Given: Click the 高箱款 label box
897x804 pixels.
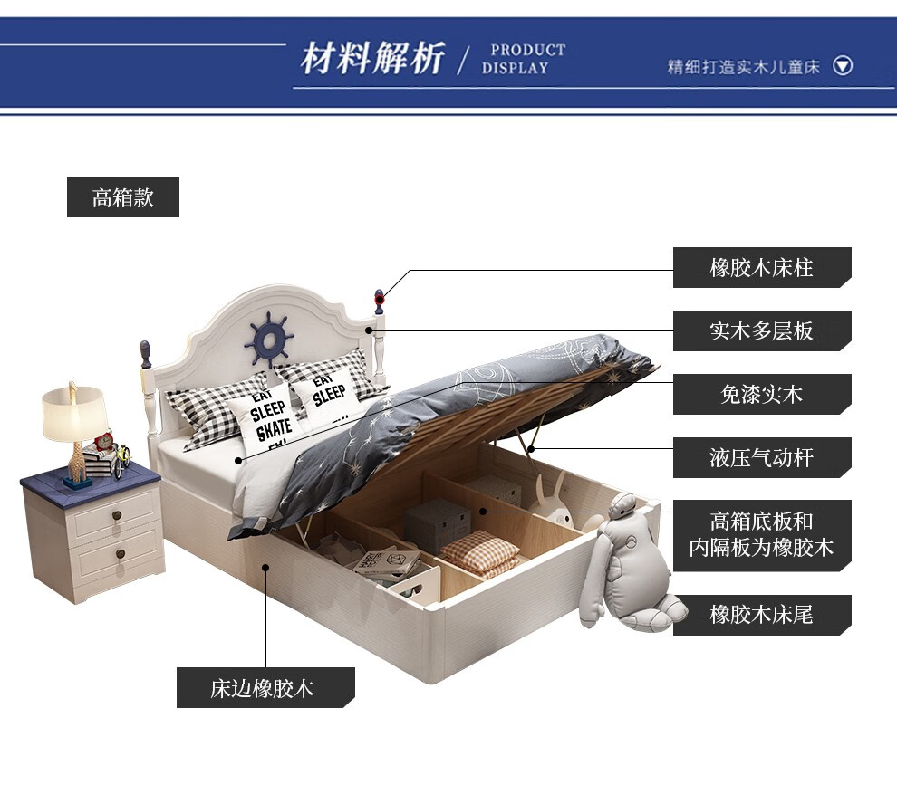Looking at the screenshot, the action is click(x=123, y=197).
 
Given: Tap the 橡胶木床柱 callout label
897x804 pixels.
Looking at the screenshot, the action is click(x=761, y=268).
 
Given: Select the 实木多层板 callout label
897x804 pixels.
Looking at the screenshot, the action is click(x=761, y=331).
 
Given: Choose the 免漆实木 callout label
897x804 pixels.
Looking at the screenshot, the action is click(x=761, y=395).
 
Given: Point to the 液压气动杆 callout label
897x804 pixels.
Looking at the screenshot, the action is click(x=761, y=458).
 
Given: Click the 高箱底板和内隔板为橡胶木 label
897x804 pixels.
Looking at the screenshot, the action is click(x=761, y=534).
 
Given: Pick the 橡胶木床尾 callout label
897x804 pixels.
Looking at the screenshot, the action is click(x=761, y=615).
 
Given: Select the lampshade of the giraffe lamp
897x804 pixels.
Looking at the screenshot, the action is click(x=74, y=413).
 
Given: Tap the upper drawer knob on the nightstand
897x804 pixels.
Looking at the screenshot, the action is click(x=116, y=517).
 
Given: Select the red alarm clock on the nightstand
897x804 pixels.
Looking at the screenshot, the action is click(x=102, y=442).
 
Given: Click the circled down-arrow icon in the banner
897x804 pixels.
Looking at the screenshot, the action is click(x=843, y=65).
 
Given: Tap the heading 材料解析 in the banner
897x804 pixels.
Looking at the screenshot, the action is click(x=372, y=59).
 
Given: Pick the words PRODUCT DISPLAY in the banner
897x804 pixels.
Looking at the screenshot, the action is click(x=523, y=59).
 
